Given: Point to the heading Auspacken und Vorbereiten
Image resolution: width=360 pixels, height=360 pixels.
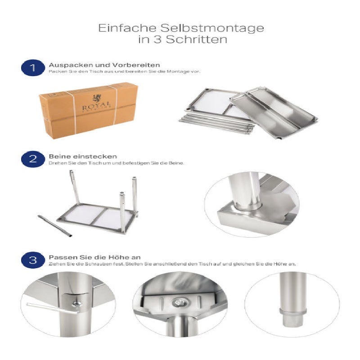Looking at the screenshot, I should click(104, 65).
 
